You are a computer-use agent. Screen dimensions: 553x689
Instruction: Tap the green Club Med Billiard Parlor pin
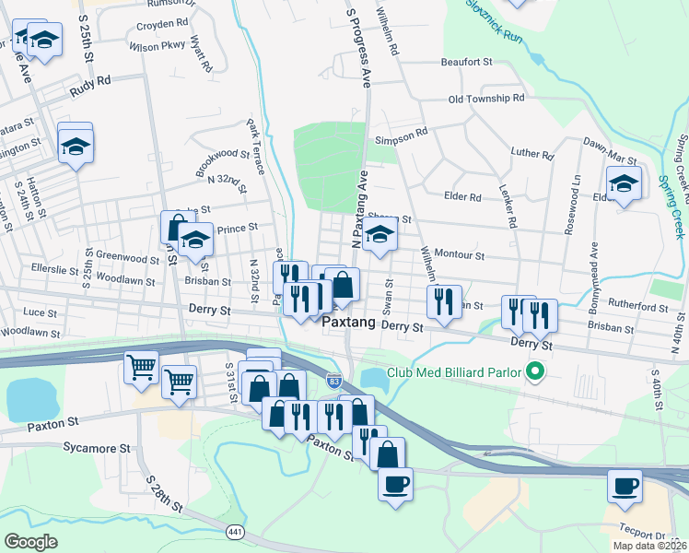pos(534,373)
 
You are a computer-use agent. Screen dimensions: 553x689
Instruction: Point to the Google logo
pos(30,542)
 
